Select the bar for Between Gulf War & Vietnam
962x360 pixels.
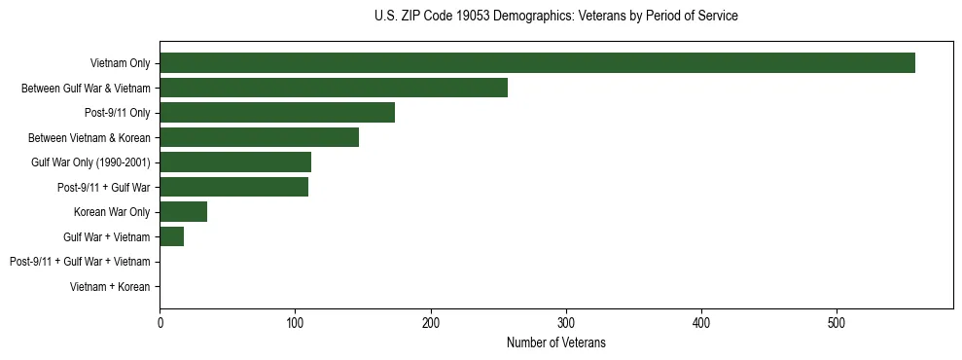click(334, 88)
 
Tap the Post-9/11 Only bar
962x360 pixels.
click(277, 113)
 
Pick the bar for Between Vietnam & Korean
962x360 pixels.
click(259, 137)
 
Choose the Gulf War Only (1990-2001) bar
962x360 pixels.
click(235, 162)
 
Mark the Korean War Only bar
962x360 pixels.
click(184, 211)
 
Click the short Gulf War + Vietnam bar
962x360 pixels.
click(172, 236)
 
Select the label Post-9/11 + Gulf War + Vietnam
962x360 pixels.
click(80, 262)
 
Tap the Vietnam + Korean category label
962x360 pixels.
click(110, 286)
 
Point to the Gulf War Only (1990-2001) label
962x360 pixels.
click(90, 162)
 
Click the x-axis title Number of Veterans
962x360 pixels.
click(555, 342)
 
